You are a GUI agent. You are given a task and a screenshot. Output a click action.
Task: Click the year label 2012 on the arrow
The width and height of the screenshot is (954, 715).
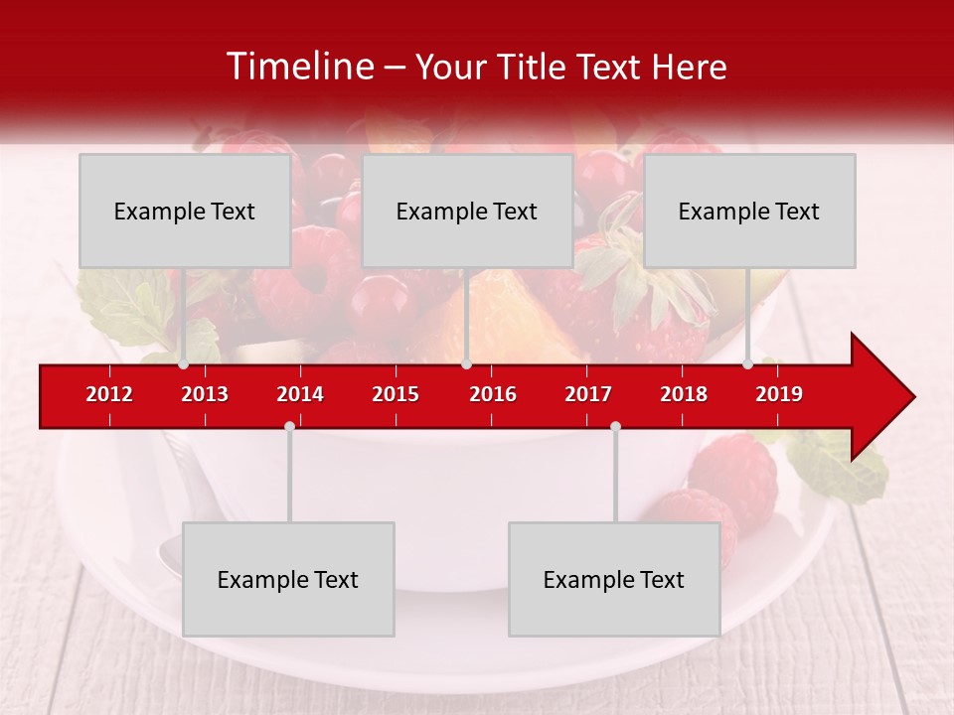click(109, 394)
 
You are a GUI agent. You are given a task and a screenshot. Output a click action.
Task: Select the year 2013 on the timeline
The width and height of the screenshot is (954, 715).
click(205, 394)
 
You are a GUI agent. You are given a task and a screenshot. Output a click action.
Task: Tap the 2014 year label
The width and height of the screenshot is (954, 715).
click(300, 394)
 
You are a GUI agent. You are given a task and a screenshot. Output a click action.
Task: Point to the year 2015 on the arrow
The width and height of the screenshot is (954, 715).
click(396, 394)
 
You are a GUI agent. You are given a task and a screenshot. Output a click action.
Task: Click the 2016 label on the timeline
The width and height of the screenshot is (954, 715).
click(493, 394)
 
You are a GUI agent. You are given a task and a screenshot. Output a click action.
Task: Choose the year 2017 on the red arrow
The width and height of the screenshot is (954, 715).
click(588, 394)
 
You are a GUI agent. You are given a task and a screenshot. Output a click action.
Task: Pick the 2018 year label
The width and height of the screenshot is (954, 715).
click(684, 394)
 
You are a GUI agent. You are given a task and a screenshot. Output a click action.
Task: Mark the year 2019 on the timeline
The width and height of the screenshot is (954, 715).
click(779, 394)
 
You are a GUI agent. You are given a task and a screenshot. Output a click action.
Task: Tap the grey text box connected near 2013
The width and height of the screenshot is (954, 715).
click(185, 211)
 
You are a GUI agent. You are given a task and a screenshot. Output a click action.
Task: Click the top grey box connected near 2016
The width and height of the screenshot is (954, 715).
click(467, 211)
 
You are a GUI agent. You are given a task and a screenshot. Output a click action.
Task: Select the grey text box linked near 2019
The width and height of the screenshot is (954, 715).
click(749, 211)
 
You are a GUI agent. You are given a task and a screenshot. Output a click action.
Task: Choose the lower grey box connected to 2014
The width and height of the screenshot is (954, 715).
click(288, 579)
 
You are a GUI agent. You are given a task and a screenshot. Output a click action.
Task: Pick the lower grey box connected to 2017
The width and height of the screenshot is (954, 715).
click(614, 579)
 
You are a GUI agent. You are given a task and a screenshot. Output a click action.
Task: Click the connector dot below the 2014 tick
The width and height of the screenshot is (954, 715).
click(289, 426)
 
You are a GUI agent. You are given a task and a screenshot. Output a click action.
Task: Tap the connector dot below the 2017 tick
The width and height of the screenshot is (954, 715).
click(615, 426)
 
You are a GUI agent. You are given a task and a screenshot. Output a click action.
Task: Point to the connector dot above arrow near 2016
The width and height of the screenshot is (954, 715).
click(466, 364)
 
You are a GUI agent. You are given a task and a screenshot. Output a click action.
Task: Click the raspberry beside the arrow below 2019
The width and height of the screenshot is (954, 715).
click(733, 471)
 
